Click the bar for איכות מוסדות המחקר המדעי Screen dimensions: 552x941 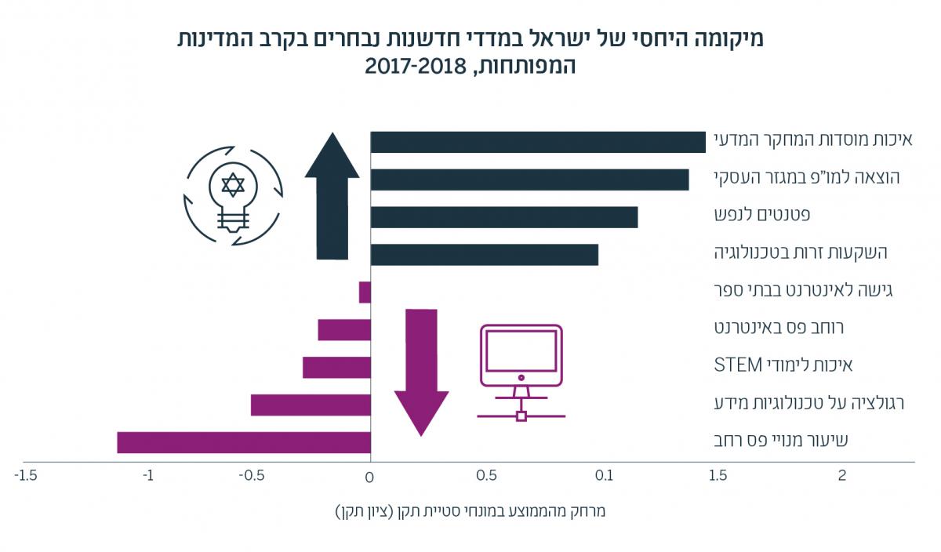coord(538,142)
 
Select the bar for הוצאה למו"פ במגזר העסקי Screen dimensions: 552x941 coord(529,180)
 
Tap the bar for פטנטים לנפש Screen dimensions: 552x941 coord(504,217)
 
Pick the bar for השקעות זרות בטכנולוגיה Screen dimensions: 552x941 coord(485,255)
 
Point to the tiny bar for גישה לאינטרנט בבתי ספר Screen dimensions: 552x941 coord(365,292)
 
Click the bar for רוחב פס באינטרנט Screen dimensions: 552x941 coord(344,330)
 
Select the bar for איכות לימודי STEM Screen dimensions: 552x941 coord(336,367)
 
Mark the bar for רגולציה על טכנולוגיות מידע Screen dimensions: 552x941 coord(311,405)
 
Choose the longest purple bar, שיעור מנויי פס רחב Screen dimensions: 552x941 coord(244,442)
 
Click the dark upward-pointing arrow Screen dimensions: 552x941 coord(332,196)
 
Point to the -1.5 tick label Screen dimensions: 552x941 coord(25,475)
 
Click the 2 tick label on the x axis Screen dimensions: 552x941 coord(842,475)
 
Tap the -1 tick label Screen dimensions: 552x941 coord(147,475)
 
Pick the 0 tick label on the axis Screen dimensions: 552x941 coord(369,475)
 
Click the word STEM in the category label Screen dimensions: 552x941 coord(739,365)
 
